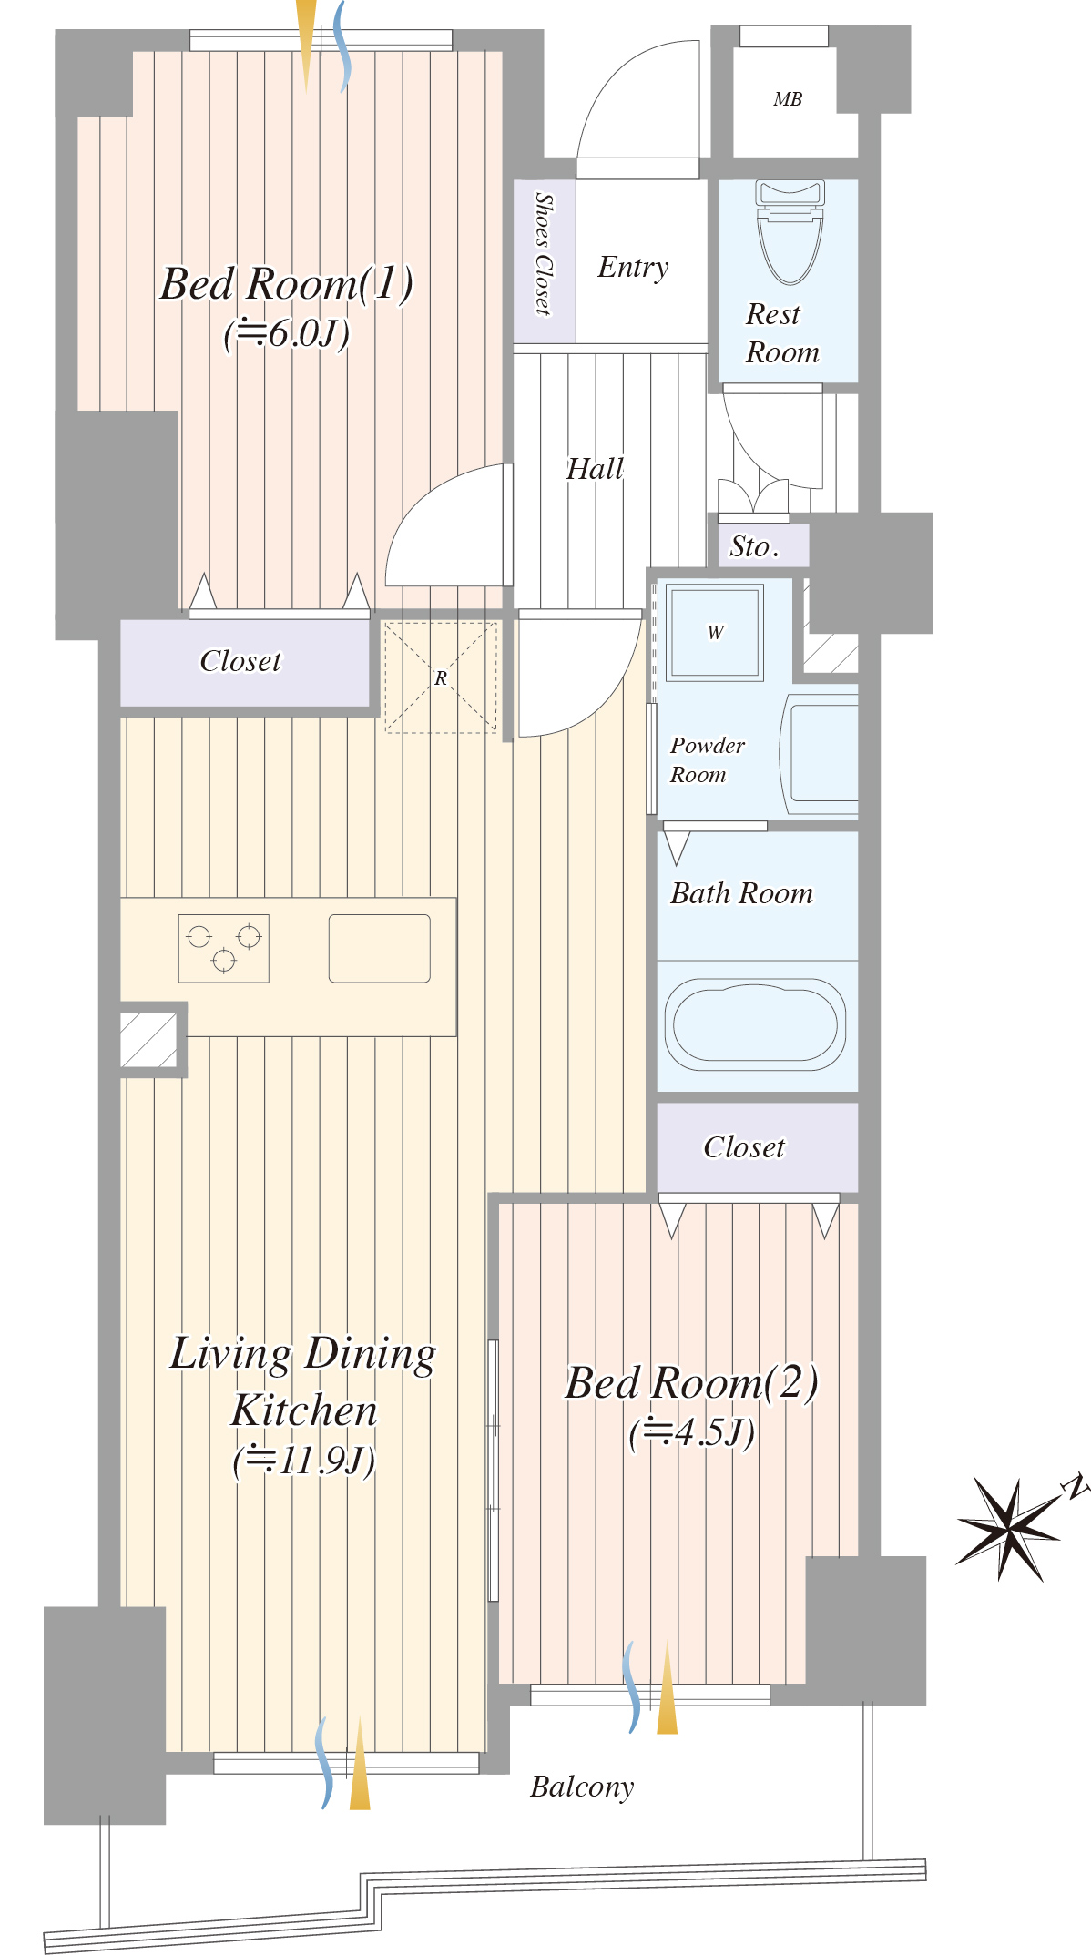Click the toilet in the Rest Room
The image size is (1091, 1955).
point(790,231)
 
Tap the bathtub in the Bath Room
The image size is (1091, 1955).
point(755,1024)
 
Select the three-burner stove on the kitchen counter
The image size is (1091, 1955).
point(223,948)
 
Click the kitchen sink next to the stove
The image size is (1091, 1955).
point(379,948)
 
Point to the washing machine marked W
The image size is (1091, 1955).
point(715,633)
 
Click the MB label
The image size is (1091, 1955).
point(788,99)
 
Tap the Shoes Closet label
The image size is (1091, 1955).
point(544,253)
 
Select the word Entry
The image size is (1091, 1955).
point(633,267)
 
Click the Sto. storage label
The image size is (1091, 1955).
point(754,546)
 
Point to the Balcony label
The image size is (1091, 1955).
point(582,1787)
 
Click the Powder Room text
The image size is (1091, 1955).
point(707,759)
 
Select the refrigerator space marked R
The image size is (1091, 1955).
point(441,677)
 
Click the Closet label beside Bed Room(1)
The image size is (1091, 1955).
point(240,661)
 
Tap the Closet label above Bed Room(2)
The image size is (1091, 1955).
point(744,1147)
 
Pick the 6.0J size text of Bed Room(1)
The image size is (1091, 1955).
point(287,333)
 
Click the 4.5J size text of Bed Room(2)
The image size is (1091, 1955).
point(692,1432)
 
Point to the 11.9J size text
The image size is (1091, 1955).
point(304,1461)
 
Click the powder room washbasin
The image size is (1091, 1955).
point(821,755)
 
